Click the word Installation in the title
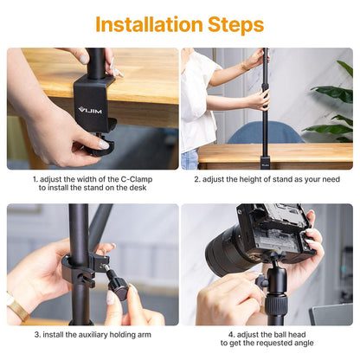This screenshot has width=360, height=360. point(149,24)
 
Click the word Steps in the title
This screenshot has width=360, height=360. point(235,25)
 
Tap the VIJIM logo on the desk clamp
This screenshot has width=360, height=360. point(90,110)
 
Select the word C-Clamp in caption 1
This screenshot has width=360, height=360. point(137,179)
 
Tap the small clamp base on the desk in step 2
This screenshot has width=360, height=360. point(265,163)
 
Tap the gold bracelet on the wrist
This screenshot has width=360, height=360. point(17,307)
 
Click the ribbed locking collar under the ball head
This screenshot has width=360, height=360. point(276,305)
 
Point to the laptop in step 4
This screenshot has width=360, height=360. point(332,315)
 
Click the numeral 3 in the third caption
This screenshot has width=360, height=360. point(36,335)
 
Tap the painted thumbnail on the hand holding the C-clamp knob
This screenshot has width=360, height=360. point(103,145)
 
